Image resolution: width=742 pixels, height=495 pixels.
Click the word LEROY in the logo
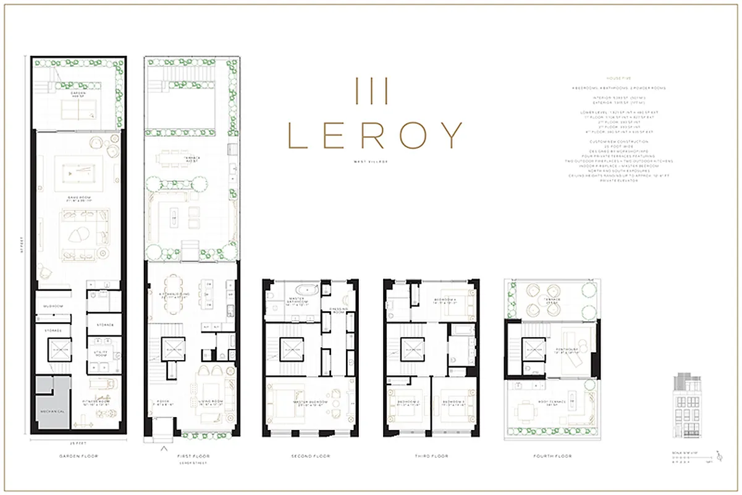click(375, 135)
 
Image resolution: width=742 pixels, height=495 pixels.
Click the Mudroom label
click(51, 306)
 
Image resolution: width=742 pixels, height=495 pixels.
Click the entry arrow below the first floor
click(164, 449)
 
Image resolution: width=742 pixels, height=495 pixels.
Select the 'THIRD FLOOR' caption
click(431, 456)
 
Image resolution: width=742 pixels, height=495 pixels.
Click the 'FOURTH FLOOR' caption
click(552, 456)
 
